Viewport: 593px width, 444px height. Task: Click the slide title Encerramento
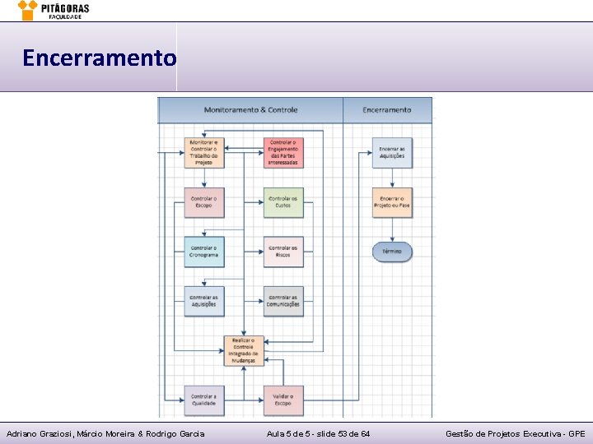pos(99,58)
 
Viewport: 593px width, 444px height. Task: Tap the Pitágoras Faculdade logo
pos(54,10)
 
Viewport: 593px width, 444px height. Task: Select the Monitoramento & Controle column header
pos(250,109)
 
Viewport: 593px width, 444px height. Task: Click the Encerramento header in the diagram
pos(387,109)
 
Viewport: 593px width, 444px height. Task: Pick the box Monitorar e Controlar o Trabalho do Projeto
pos(203,153)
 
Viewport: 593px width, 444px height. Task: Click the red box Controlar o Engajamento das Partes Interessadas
pos(283,153)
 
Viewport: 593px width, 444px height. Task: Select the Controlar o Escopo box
pos(203,202)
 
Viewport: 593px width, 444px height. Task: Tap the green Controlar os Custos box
pos(283,202)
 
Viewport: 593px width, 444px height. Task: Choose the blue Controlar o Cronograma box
pos(203,252)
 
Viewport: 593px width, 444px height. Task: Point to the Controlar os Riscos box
pos(283,252)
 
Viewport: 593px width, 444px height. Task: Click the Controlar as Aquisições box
pos(203,301)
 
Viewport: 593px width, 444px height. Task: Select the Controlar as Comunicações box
pos(283,301)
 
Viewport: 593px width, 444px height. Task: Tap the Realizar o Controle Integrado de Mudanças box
pos(244,350)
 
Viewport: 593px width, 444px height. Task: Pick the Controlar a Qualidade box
pos(203,400)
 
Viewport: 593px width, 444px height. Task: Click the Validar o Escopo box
pos(283,400)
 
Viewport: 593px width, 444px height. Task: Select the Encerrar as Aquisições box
pos(392,153)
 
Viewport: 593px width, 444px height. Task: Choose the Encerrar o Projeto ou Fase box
pos(392,202)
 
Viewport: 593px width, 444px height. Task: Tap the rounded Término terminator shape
pos(392,252)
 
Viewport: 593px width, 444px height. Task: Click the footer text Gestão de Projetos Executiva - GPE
pos(516,433)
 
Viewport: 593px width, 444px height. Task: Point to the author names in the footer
pos(105,433)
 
